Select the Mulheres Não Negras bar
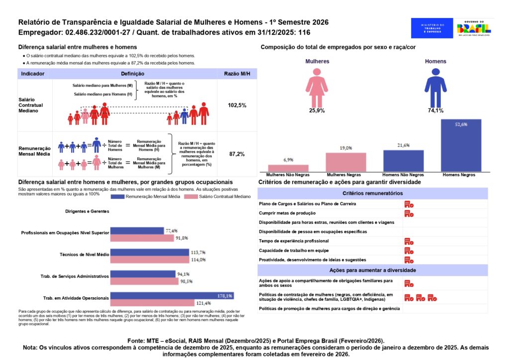point(288,168)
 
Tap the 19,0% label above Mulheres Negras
point(346,148)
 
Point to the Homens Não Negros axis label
point(403,175)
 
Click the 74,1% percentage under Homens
point(435,111)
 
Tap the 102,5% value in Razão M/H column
point(237,105)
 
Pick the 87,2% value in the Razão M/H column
point(237,154)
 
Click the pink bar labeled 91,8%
point(144,238)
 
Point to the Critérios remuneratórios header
point(372,193)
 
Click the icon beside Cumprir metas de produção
point(409,213)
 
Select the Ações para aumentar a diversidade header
point(372,270)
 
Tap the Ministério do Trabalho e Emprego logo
point(432,28)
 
